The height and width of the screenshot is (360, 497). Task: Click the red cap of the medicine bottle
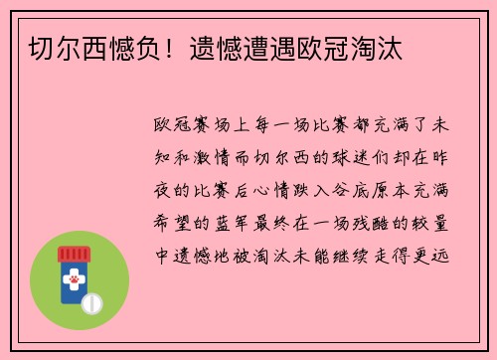(74, 255)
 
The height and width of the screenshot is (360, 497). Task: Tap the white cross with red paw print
(74, 283)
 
